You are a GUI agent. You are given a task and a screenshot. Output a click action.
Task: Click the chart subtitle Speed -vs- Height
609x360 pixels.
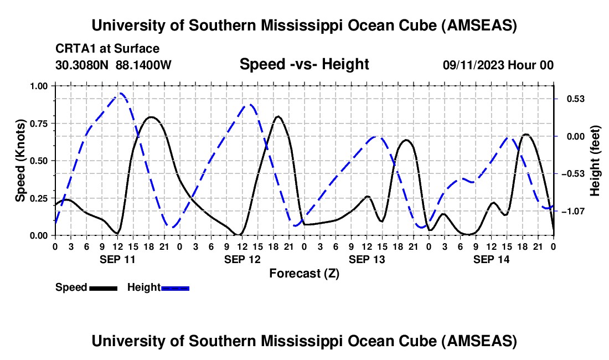click(x=304, y=64)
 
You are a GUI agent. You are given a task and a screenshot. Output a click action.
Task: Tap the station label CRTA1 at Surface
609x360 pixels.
click(x=107, y=49)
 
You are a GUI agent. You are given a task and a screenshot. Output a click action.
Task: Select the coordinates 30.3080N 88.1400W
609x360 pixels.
click(x=113, y=65)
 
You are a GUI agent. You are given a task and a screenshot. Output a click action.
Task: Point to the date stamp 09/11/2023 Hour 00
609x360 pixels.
click(x=498, y=65)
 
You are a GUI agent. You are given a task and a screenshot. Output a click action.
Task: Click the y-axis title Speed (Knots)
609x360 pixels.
click(x=20, y=161)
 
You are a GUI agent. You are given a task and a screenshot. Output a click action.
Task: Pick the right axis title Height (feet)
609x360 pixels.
click(x=595, y=161)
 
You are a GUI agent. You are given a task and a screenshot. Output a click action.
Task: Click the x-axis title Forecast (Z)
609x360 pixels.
click(x=304, y=273)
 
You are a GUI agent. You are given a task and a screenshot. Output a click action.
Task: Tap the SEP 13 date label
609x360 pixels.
click(x=366, y=259)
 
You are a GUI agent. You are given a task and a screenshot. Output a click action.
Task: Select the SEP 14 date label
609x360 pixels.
click(x=491, y=259)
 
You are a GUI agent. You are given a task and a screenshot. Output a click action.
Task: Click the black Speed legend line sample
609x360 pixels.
click(x=103, y=288)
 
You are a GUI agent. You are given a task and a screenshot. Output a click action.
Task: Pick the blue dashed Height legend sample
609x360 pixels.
click(x=175, y=288)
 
